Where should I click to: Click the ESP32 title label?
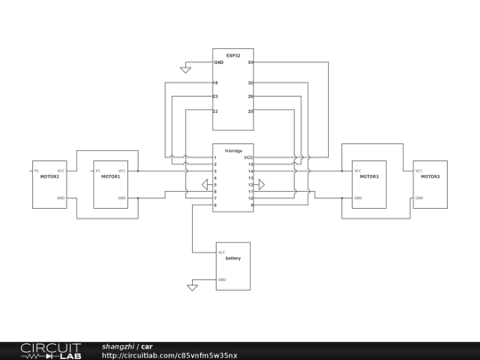click(x=233, y=54)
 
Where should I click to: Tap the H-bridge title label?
click(x=233, y=150)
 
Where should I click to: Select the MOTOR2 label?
click(x=49, y=177)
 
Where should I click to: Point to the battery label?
click(x=233, y=258)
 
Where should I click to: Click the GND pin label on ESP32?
click(x=219, y=63)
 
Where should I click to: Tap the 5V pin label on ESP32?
click(x=251, y=63)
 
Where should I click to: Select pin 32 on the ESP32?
click(x=251, y=83)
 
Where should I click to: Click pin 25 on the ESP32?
click(x=251, y=111)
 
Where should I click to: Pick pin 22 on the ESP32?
click(x=216, y=111)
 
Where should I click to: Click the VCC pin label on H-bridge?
click(x=249, y=157)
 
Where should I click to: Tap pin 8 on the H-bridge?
click(x=215, y=205)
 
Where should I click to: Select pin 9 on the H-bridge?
click(x=252, y=205)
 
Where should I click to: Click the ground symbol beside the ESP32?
click(x=185, y=68)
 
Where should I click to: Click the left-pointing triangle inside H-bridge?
click(x=206, y=185)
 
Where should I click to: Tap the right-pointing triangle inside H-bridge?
click(x=260, y=185)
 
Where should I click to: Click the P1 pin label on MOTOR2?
click(x=36, y=171)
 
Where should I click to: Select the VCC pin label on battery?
click(x=221, y=252)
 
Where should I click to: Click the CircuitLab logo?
click(x=51, y=350)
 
